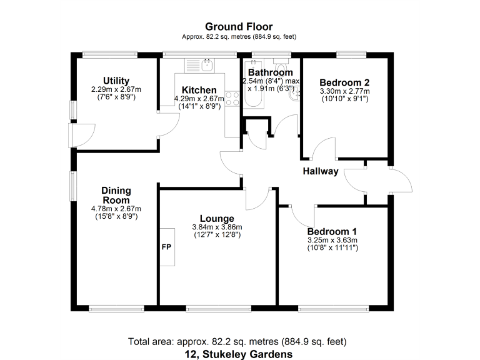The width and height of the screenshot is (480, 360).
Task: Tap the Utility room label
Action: tap(116, 81)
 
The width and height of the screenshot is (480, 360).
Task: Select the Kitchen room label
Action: tap(199, 91)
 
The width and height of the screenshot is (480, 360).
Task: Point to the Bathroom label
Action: tap(270, 72)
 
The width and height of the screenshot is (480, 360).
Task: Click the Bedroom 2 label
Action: tap(344, 82)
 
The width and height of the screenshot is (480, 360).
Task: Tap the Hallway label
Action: tap(321, 171)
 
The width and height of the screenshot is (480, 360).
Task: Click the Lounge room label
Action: tap(216, 218)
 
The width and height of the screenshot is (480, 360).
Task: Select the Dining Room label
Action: tap(116, 195)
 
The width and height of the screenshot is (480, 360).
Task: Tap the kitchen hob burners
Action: tap(232, 97)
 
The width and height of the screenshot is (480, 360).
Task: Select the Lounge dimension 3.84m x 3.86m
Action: tap(216, 227)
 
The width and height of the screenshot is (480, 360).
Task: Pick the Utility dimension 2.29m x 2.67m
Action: tap(116, 89)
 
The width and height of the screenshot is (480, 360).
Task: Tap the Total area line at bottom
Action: tap(237, 342)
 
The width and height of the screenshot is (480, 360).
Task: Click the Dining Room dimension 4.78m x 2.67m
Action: tap(116, 209)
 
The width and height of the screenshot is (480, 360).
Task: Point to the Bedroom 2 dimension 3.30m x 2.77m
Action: tap(344, 91)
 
